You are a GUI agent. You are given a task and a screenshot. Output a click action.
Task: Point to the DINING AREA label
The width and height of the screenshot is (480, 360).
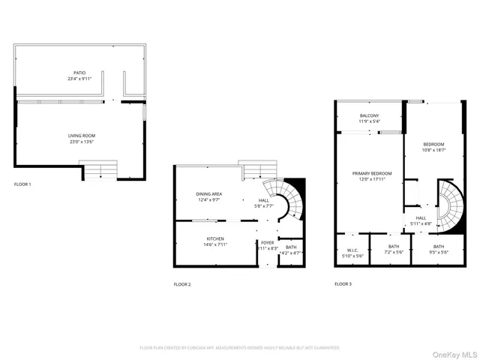click(x=208, y=194)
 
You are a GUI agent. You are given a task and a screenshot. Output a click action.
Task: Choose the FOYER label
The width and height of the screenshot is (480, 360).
click(x=268, y=243)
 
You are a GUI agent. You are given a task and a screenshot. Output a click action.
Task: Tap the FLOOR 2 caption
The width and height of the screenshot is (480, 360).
click(x=182, y=284)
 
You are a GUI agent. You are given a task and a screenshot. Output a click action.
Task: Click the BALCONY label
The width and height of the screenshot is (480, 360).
click(x=369, y=115)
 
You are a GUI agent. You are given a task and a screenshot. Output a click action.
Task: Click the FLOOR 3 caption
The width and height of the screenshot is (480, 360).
click(x=343, y=284)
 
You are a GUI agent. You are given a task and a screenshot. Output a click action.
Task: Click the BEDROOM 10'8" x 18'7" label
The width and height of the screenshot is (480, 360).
click(x=433, y=145)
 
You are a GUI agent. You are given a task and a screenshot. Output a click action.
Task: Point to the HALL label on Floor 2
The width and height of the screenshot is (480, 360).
click(x=264, y=200)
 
